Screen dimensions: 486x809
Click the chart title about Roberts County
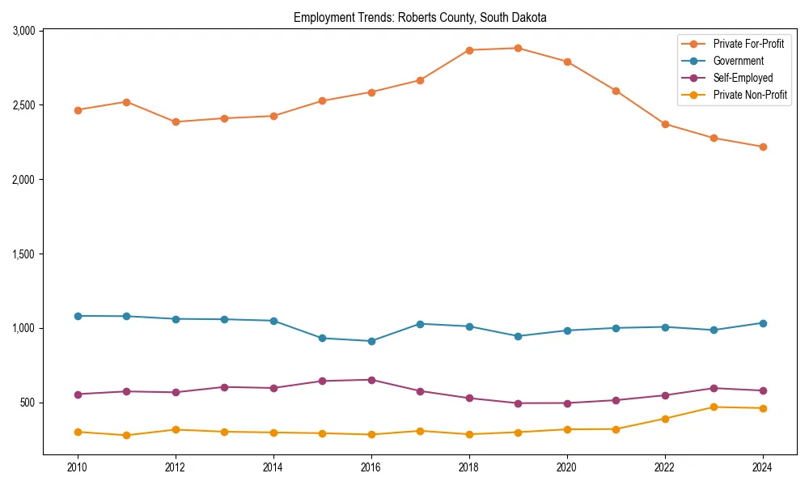[x=420, y=17]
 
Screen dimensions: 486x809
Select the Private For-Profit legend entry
[x=748, y=44]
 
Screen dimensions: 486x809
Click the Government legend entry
[x=738, y=61]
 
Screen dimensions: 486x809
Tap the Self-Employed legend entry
[x=743, y=78]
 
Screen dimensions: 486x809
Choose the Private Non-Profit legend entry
[x=750, y=95]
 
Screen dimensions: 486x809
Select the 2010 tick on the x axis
[x=78, y=467]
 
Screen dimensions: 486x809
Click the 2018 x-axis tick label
[x=469, y=467]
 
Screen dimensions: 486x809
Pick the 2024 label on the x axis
[x=763, y=467]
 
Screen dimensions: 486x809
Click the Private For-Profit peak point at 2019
[x=518, y=48]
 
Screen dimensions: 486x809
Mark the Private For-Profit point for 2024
[x=763, y=147]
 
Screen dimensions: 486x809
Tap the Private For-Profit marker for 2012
[x=176, y=122]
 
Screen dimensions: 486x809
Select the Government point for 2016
[x=371, y=341]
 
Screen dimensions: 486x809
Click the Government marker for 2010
[x=78, y=316]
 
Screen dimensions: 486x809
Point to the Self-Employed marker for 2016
[x=371, y=380]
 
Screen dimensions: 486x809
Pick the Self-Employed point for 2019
[x=518, y=403]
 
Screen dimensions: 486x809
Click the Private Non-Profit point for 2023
[x=714, y=407]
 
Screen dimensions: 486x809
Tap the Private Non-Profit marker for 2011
[x=126, y=435]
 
